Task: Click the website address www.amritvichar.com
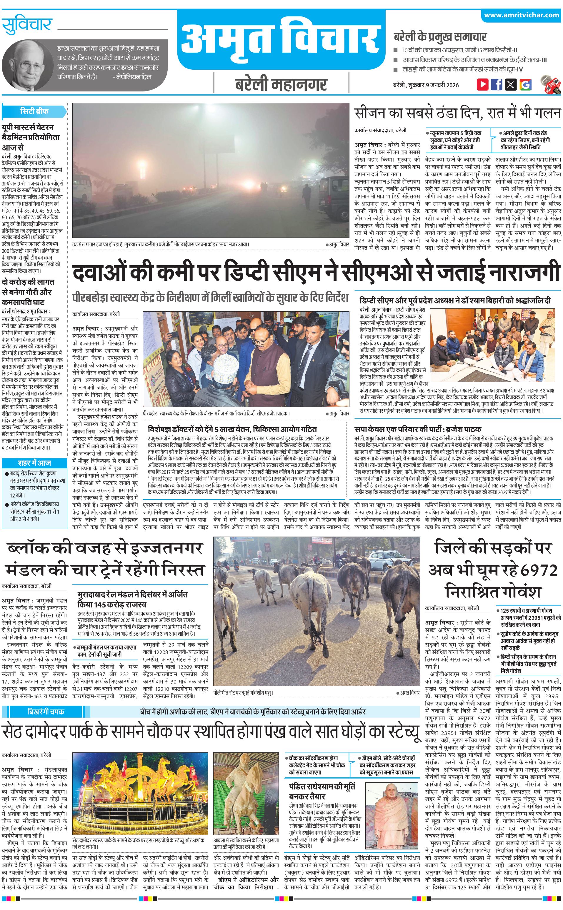[521, 15]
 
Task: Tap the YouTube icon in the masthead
[483, 84]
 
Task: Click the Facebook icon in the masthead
[497, 84]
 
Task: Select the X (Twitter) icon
[511, 84]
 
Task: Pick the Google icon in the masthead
[525, 84]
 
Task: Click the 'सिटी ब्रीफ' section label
[34, 111]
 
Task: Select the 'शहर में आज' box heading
[34, 463]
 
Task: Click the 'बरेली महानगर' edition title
[281, 84]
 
